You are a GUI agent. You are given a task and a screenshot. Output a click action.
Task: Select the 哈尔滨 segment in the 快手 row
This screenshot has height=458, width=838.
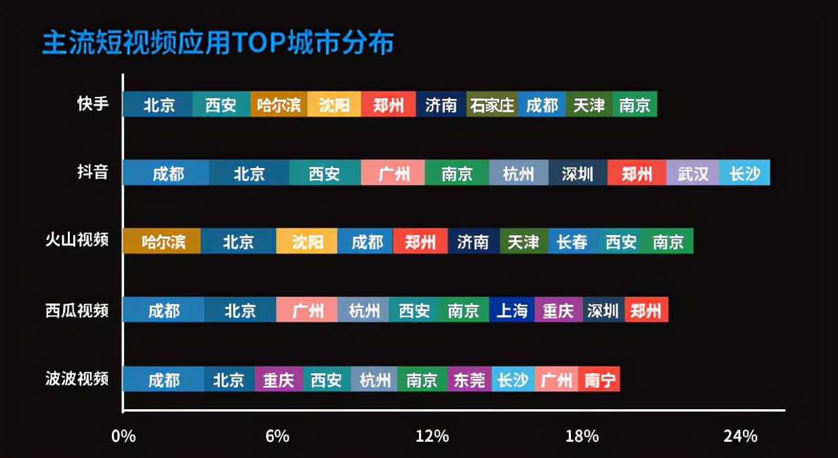279,105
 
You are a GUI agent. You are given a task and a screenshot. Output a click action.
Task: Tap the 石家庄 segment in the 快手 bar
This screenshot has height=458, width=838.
492,105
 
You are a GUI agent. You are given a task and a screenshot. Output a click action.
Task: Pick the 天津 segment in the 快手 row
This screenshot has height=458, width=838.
588,105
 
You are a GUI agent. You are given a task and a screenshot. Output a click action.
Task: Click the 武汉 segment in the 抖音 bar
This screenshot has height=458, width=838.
692,173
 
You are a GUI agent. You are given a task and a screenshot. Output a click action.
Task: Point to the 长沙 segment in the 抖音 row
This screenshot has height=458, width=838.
744,173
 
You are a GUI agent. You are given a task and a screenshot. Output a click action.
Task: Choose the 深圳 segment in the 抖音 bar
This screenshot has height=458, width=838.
578,173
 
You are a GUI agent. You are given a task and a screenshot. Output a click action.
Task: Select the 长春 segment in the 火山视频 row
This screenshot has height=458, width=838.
573,242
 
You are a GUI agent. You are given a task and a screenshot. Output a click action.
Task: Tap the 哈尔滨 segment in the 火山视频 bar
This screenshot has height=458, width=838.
162,242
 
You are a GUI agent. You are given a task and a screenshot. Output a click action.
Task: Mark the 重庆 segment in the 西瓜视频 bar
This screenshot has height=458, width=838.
558,310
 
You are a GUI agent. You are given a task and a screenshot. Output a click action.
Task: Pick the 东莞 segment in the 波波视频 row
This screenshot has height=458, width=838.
469,379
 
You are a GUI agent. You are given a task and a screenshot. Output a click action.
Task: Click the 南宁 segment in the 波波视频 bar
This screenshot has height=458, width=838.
599,379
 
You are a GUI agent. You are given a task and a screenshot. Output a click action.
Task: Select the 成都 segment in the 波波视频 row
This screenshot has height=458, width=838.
163,379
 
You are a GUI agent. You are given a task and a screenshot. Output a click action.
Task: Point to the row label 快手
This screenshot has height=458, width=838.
93,104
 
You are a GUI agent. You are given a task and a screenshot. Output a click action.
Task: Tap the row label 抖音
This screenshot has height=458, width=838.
93,172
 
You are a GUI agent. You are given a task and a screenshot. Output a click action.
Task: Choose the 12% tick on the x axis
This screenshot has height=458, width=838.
433,436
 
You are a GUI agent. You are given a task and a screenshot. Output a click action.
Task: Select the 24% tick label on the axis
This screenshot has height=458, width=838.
740,436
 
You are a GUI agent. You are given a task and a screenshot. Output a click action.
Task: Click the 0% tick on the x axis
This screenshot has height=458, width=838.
123,436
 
